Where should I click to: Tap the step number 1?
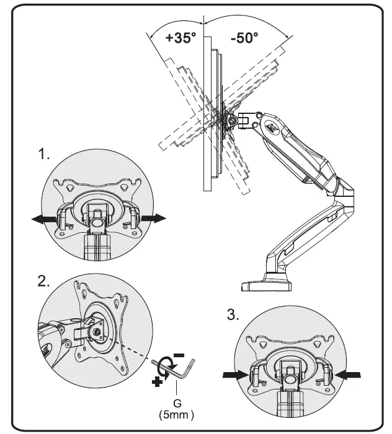(43, 155)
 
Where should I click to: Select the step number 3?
(233, 315)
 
